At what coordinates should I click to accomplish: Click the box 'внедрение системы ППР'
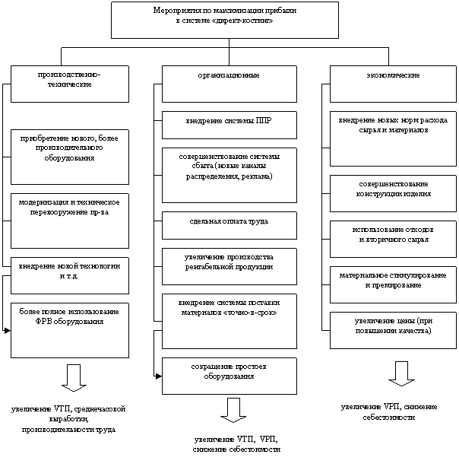(229, 122)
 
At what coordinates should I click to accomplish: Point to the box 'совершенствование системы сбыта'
(229, 174)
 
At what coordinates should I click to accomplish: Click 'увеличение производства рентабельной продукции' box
(229, 266)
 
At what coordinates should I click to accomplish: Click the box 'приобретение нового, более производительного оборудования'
(69, 156)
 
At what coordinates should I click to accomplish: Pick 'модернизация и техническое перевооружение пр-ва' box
(69, 220)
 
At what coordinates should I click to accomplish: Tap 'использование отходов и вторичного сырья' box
(388, 238)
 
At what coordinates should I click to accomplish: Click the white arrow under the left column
(74, 377)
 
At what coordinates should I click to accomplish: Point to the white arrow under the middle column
(234, 409)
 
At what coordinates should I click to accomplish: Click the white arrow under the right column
(400, 373)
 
